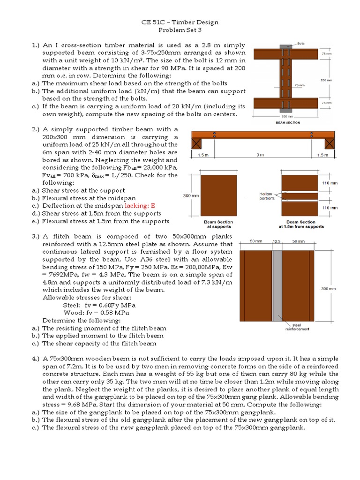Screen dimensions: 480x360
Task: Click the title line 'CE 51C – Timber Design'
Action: pyautogui.click(x=180, y=22)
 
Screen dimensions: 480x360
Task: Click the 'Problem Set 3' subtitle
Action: pyautogui.click(x=180, y=30)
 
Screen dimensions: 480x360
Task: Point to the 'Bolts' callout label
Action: pyautogui.click(x=300, y=43)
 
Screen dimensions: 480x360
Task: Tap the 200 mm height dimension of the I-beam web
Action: pyautogui.click(x=326, y=80)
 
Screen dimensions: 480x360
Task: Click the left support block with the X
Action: pyautogui.click(x=197, y=144)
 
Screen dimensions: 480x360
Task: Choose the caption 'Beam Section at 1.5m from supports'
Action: pyautogui.click(x=301, y=224)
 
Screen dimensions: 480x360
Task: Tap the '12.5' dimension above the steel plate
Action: pyautogui.click(x=276, y=241)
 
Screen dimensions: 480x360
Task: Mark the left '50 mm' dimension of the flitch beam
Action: pyautogui.click(x=256, y=241)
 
